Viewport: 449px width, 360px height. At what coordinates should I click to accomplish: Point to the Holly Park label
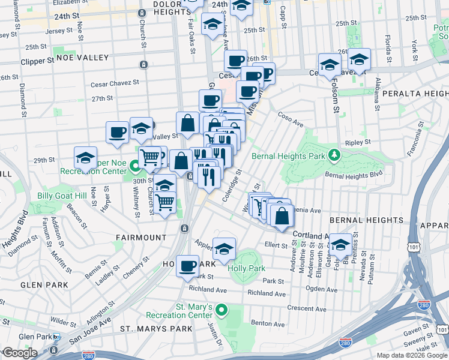coord(247,268)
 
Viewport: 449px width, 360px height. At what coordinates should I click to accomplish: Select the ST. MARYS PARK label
coord(156,329)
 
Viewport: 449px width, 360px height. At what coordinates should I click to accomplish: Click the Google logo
coord(19,353)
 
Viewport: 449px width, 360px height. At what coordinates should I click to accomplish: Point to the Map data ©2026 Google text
coord(411,355)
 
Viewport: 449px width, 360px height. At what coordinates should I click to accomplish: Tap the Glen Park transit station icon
coord(56,337)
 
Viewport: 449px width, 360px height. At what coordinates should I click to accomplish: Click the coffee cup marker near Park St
coord(187,265)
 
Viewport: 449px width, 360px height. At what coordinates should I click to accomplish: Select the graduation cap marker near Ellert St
coord(340,245)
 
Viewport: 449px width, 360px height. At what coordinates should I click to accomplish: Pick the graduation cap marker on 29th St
coord(86,158)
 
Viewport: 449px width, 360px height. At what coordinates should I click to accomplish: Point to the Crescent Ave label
coord(305,309)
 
